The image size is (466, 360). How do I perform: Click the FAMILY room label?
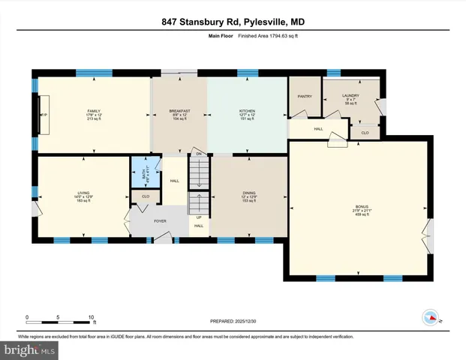point(93,111)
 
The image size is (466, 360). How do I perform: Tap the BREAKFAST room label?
point(179,111)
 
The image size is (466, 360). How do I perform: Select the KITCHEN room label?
point(248,111)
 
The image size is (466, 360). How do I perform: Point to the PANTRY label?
point(304,96)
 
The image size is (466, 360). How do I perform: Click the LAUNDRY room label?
point(350,95)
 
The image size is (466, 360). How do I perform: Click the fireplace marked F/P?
point(44,114)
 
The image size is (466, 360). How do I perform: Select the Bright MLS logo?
point(29,349)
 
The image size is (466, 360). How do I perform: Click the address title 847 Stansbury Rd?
point(233,22)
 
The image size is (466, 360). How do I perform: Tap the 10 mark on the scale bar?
point(91,316)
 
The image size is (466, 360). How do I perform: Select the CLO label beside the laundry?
point(364,133)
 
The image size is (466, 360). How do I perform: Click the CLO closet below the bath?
point(146,196)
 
